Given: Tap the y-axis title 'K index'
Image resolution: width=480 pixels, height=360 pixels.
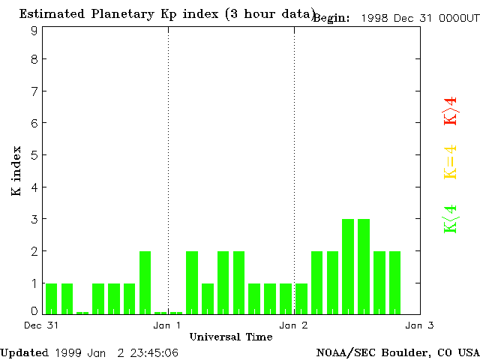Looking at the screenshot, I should pyautogui.click(x=16, y=171).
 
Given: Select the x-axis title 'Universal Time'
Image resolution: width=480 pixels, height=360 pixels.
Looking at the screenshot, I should pyautogui.click(x=231, y=337).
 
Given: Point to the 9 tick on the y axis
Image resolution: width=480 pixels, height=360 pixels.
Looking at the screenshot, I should pyautogui.click(x=34, y=31).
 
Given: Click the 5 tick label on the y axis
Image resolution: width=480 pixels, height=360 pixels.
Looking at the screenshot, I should pyautogui.click(x=34, y=154).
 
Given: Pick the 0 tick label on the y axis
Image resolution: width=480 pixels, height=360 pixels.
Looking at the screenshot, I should pyautogui.click(x=34, y=310).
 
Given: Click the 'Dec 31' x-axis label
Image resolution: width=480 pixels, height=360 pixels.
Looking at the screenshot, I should pyautogui.click(x=37, y=325).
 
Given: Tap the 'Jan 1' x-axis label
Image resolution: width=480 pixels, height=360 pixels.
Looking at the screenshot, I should pyautogui.click(x=167, y=325).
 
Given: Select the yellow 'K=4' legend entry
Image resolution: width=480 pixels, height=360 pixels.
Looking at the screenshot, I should pyautogui.click(x=450, y=162).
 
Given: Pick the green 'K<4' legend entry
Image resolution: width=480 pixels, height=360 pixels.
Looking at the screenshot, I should pyautogui.click(x=450, y=218).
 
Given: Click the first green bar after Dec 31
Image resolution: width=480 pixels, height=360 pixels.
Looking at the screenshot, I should pyautogui.click(x=51, y=298).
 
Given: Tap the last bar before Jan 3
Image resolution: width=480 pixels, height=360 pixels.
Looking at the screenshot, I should pyautogui.click(x=394, y=282).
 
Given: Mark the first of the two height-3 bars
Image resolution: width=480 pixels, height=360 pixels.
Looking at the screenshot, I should pyautogui.click(x=348, y=266).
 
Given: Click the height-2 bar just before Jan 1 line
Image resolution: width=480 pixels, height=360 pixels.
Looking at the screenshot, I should pyautogui.click(x=145, y=282).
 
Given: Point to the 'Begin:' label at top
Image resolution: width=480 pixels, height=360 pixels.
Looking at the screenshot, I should pyautogui.click(x=331, y=18).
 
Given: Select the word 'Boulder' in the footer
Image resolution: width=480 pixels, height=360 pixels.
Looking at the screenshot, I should pyautogui.click(x=406, y=352).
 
